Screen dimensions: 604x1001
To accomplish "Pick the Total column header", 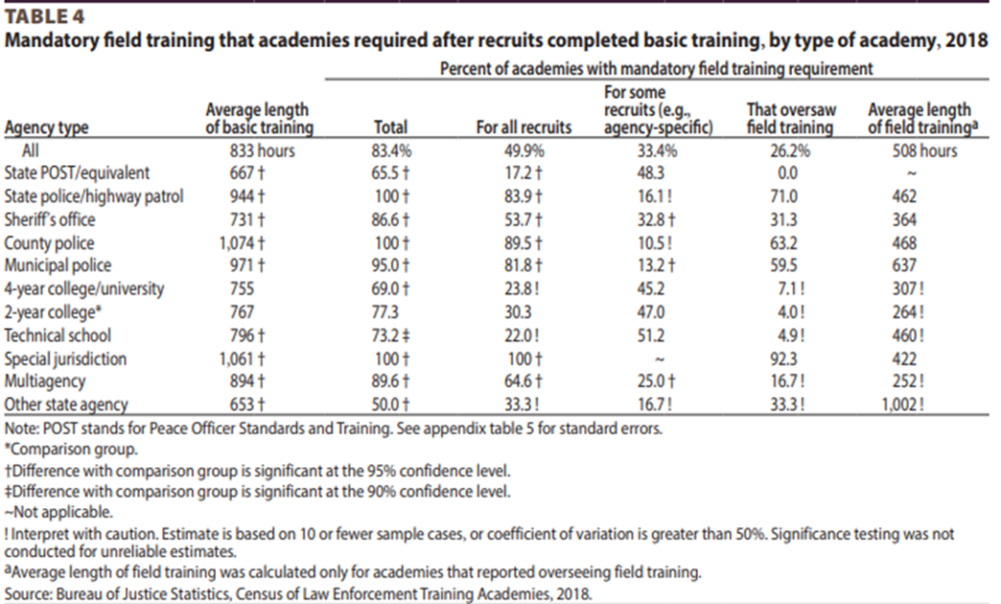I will [x=391, y=128].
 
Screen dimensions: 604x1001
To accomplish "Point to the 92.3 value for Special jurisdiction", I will [x=788, y=359].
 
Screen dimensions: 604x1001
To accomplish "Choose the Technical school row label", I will [x=57, y=335].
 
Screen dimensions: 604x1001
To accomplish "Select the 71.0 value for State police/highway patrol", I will [x=788, y=196].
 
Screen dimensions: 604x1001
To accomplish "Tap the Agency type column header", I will [x=47, y=128].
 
